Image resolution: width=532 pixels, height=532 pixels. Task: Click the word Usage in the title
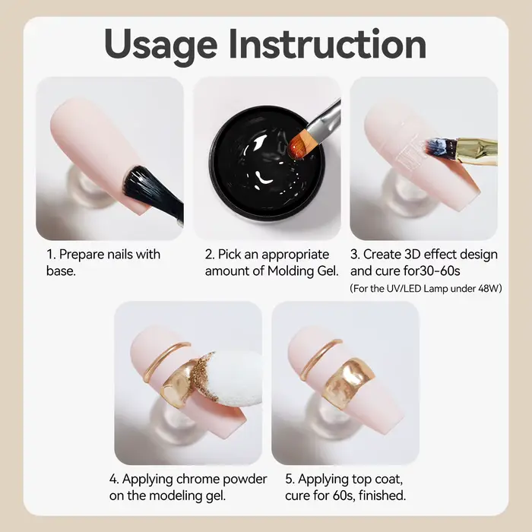(161, 45)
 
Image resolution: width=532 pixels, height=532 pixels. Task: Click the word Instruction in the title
(328, 44)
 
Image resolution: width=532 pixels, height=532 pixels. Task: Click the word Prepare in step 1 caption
(81, 255)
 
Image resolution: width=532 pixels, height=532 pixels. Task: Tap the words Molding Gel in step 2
(303, 271)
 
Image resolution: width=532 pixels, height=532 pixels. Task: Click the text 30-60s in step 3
(440, 271)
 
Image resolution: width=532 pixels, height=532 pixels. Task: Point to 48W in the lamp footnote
(490, 289)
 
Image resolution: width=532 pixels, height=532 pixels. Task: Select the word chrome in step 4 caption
(198, 479)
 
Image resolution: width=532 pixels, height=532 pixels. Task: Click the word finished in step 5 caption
(382, 496)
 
